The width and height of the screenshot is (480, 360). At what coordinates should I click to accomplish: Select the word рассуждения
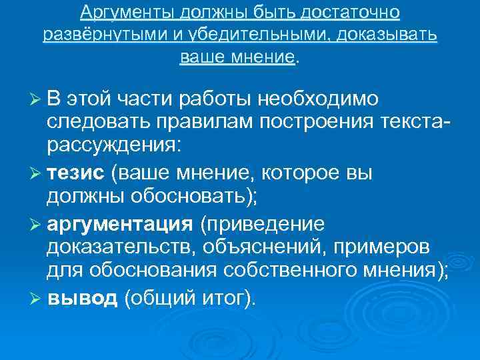(x=113, y=146)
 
